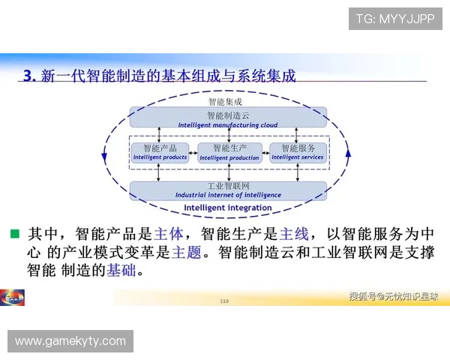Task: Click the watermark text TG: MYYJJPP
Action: click(x=395, y=19)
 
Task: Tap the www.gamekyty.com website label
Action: click(x=70, y=341)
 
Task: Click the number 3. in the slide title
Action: click(x=30, y=75)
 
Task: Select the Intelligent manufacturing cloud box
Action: click(x=227, y=118)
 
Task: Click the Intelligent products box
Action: click(x=160, y=152)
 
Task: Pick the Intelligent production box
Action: click(x=229, y=152)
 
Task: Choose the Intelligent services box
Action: click(x=297, y=152)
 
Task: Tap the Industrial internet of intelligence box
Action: click(x=227, y=190)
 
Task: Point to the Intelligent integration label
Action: click(x=227, y=208)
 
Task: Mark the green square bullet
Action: click(x=14, y=233)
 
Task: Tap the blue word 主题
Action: click(x=187, y=252)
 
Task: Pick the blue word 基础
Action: click(x=121, y=270)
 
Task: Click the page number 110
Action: click(x=223, y=301)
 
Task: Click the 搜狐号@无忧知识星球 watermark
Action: click(x=393, y=296)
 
